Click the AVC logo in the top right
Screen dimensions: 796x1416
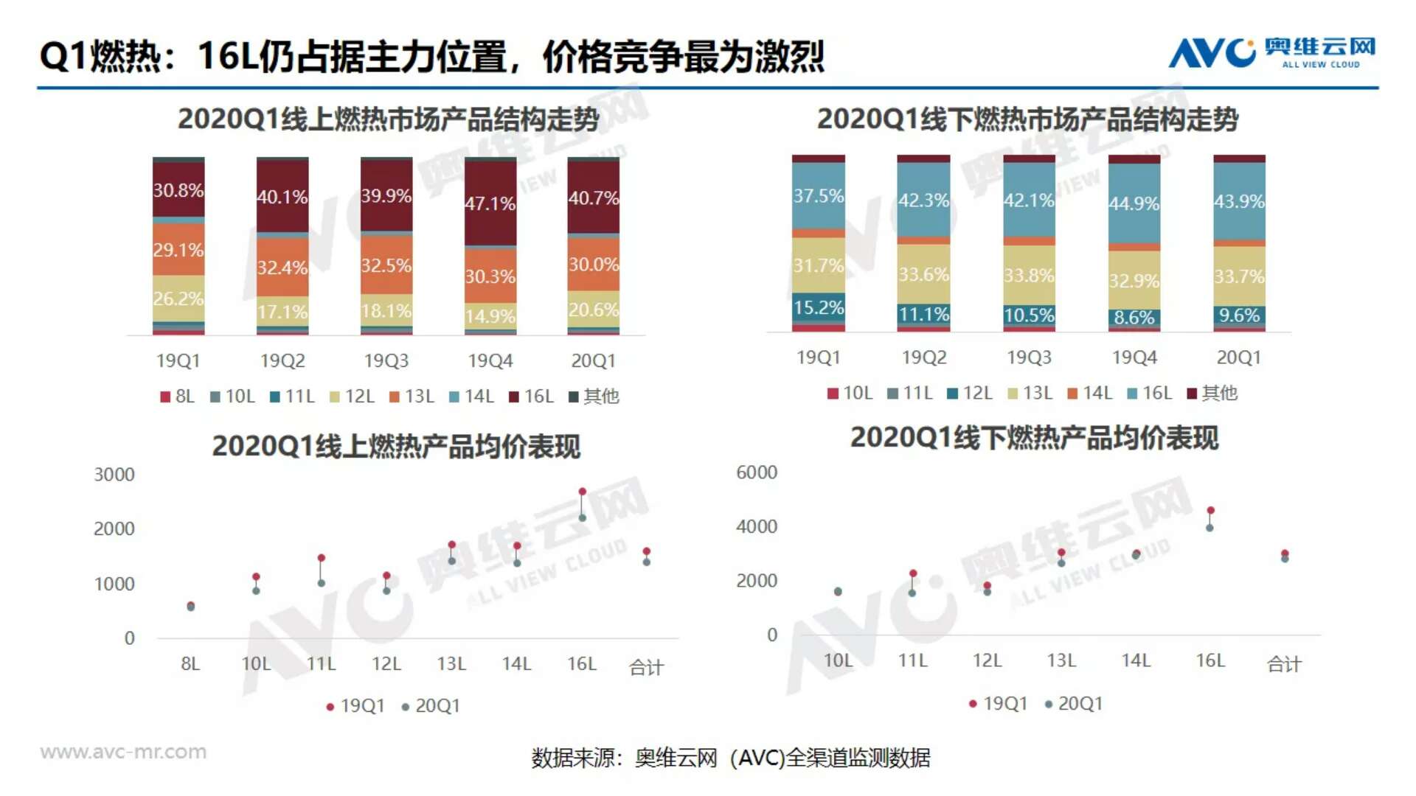click(1271, 53)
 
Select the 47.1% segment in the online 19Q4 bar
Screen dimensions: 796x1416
click(490, 203)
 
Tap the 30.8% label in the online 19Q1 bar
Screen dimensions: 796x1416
click(178, 190)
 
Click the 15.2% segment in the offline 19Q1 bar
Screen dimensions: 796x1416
click(818, 307)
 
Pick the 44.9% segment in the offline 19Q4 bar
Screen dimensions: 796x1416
click(1134, 203)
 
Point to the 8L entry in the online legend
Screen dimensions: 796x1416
click(178, 397)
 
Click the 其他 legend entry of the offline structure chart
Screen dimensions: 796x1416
click(1212, 394)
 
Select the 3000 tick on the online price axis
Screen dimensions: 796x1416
click(114, 475)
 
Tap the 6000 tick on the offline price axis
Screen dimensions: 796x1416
click(757, 472)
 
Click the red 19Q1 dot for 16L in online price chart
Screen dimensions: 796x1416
click(582, 492)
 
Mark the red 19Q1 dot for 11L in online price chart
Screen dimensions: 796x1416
click(321, 558)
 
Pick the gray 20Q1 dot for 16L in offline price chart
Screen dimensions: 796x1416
click(1209, 528)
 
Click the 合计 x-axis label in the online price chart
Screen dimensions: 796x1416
click(646, 667)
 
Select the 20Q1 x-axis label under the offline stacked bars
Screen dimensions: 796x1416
click(1238, 357)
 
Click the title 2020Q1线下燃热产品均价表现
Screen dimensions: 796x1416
click(1034, 438)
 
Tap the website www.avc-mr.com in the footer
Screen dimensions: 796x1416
click(123, 752)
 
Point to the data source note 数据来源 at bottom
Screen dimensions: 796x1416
click(730, 758)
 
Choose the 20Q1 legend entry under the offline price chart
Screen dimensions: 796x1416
click(1074, 704)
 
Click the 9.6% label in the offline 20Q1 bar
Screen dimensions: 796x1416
click(1238, 315)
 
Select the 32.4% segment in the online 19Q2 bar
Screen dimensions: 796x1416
click(282, 267)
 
